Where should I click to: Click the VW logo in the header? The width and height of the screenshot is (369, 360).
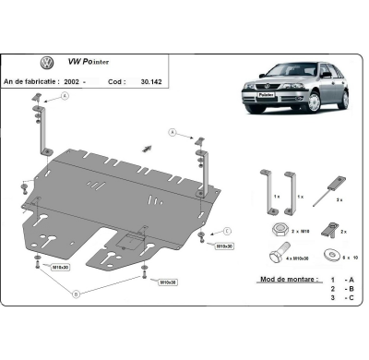[47, 63]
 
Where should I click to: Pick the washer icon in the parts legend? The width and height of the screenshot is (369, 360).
[329, 249]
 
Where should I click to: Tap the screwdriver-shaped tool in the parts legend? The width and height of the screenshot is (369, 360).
[326, 186]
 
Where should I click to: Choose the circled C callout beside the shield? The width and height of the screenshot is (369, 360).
[227, 231]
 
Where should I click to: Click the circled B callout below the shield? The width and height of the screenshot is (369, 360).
[75, 294]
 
